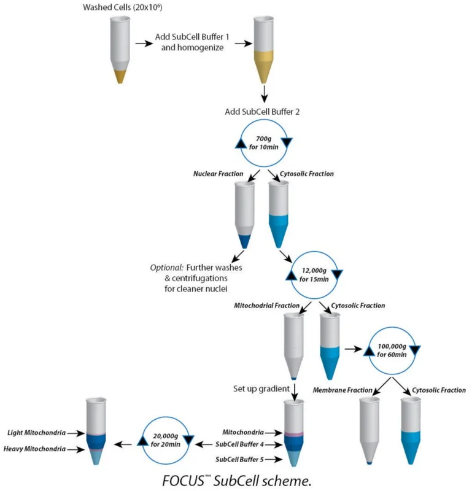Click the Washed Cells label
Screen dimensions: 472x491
(123, 7)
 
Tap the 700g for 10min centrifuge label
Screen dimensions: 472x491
(264, 143)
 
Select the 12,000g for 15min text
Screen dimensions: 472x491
(314, 275)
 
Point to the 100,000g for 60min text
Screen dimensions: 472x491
(392, 350)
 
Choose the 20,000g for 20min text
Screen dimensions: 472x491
(165, 440)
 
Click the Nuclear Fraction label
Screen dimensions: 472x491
(218, 174)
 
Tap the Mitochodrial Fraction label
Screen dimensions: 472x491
(266, 306)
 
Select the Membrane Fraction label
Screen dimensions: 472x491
(342, 390)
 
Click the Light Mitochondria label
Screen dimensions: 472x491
(37, 433)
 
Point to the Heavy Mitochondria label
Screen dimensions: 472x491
(35, 449)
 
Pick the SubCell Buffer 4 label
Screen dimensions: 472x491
(239, 444)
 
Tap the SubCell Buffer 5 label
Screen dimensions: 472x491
(239, 459)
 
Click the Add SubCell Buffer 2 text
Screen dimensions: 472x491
(262, 112)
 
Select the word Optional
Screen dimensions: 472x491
(166, 268)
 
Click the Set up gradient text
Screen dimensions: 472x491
(261, 389)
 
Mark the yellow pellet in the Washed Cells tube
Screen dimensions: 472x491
(120, 77)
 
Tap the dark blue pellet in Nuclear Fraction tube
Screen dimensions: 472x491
(245, 241)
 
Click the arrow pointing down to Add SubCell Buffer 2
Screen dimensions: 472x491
(265, 94)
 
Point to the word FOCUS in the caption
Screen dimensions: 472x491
(184, 481)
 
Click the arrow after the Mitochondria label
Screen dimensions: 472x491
(274, 433)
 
